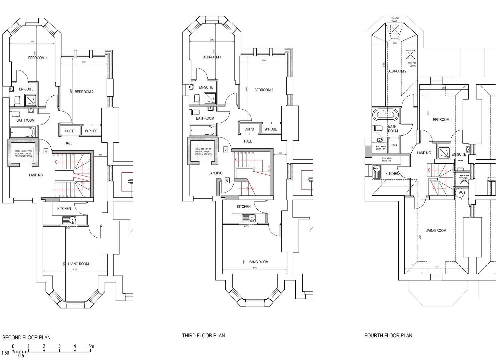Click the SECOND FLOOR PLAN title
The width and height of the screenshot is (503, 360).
click(x=26, y=337)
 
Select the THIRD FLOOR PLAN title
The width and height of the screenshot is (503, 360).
click(x=203, y=335)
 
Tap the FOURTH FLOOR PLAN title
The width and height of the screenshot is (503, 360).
click(x=388, y=336)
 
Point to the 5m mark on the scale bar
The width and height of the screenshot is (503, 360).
click(x=91, y=346)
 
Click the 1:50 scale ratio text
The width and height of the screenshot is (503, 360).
click(x=5, y=353)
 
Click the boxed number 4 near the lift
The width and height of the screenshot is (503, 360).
click(x=46, y=151)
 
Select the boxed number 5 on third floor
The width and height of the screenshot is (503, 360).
click(x=226, y=149)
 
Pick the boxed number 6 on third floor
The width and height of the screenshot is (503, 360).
click(x=227, y=180)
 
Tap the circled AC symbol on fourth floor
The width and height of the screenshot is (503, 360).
click(x=461, y=192)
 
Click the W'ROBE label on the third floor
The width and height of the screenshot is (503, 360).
click(x=271, y=129)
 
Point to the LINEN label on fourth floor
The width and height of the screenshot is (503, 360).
click(x=394, y=145)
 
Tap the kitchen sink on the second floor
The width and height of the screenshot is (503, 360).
click(x=69, y=220)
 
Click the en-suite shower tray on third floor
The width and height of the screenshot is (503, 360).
click(x=210, y=98)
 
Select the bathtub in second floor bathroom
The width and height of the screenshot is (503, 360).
click(x=22, y=132)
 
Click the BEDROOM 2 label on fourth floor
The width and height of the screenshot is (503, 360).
click(x=397, y=71)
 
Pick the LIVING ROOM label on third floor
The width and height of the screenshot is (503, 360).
click(x=258, y=262)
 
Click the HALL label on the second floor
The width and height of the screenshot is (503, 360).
click(x=68, y=143)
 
